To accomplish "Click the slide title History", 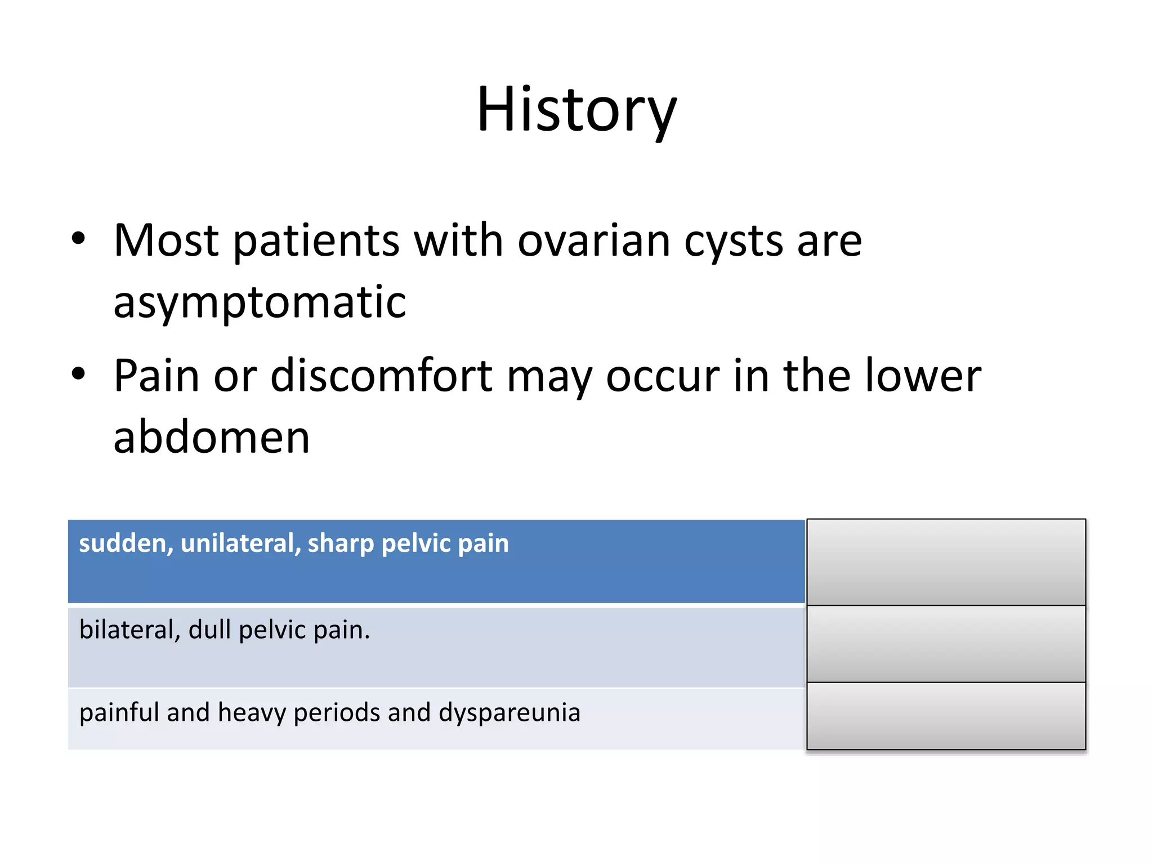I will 576,110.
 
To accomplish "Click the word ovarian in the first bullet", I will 593,241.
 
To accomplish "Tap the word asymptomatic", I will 260,302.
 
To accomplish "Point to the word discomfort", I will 382,376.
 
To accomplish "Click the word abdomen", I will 212,438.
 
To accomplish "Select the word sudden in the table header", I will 126,543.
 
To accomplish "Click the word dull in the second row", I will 209,630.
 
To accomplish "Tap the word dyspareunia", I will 510,713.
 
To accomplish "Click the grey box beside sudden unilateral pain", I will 946,562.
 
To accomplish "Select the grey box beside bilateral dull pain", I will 946,644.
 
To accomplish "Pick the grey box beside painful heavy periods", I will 946,716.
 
